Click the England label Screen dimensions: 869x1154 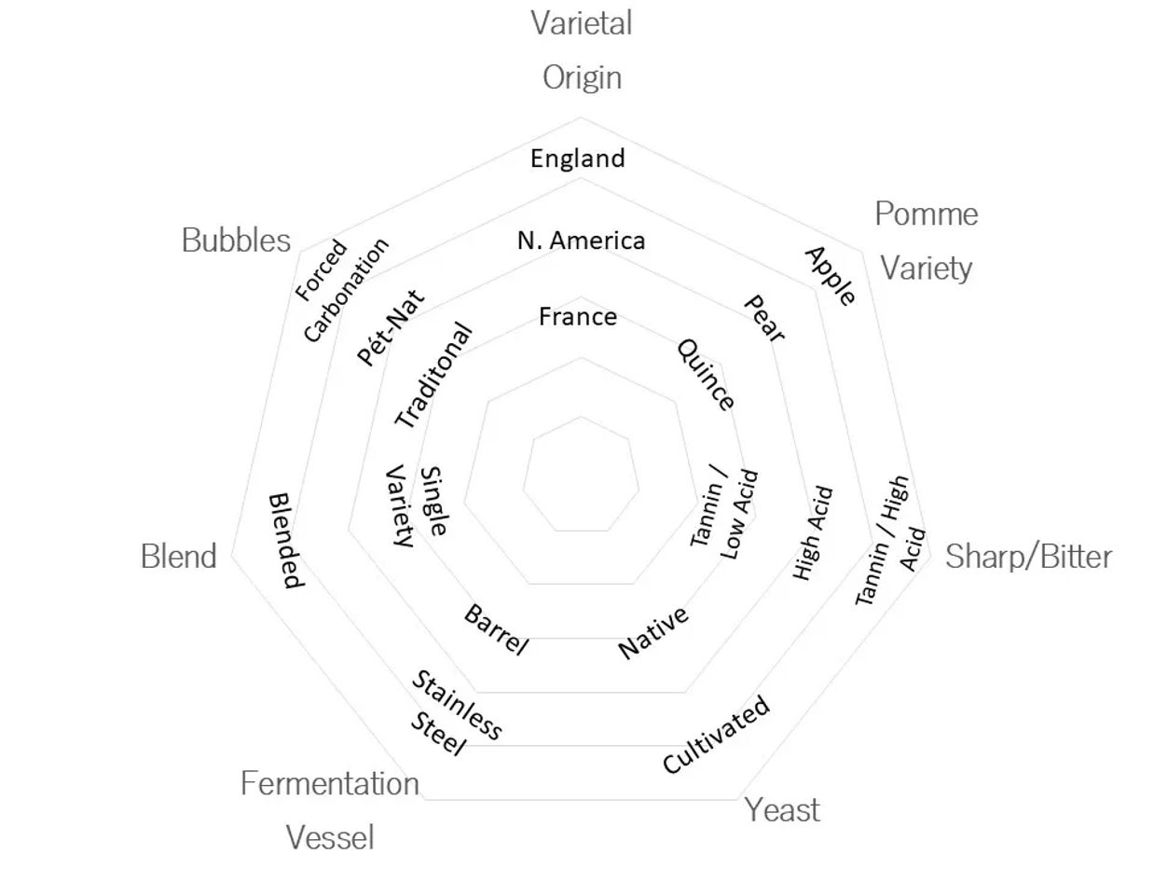coord(578,159)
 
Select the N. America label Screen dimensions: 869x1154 coord(581,241)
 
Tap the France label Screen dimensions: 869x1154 coord(578,317)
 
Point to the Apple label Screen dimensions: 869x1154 coord(830,276)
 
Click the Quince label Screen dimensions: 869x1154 coord(706,374)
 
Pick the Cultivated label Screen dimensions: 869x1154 coord(717,735)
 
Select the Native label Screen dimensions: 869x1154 coord(654,632)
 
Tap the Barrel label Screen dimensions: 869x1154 coord(496,629)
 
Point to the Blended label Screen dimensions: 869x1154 coord(285,541)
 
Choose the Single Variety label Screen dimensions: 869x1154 coord(417,503)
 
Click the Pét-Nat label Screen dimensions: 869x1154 coord(390,328)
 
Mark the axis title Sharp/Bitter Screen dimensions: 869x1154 coord(1028,557)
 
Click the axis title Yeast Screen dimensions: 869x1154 coord(782,810)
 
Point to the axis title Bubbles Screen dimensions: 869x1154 coord(236,241)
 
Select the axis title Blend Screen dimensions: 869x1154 coord(178,557)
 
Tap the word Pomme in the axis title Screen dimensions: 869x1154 coord(926,214)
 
